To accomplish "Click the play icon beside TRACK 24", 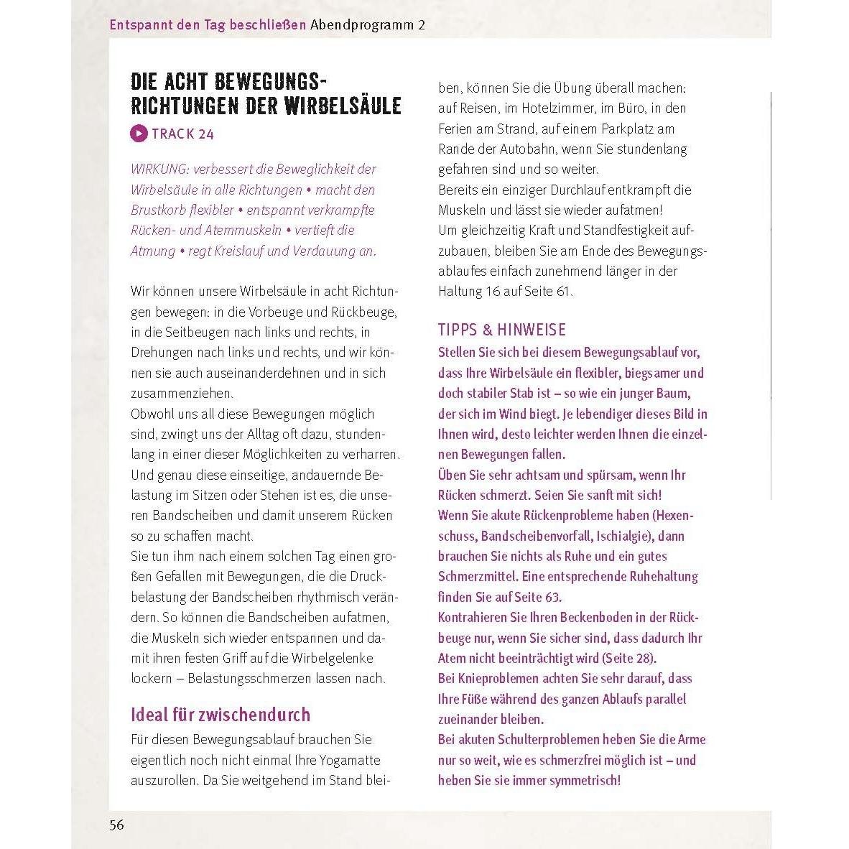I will pyautogui.click(x=139, y=134).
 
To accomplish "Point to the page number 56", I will pyautogui.click(x=116, y=825).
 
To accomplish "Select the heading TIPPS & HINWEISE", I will pyautogui.click(x=502, y=330).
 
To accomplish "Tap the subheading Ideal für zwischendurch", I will pyautogui.click(x=221, y=715).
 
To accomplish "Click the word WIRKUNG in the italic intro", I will pyautogui.click(x=159, y=170).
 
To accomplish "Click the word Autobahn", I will pyautogui.click(x=525, y=149).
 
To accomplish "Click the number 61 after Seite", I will pyautogui.click(x=565, y=292).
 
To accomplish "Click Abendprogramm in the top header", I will pyautogui.click(x=361, y=24).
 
